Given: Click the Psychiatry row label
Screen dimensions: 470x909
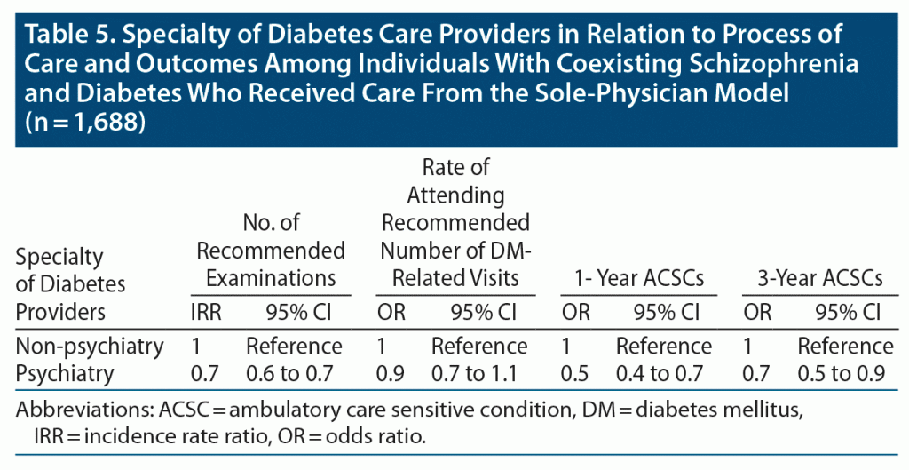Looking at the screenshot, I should tap(65, 373).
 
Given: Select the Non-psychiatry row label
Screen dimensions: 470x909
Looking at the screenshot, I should tap(89, 346).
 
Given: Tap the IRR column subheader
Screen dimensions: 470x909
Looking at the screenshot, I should tap(208, 313).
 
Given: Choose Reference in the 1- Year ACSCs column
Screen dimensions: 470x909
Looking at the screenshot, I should tap(664, 346).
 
